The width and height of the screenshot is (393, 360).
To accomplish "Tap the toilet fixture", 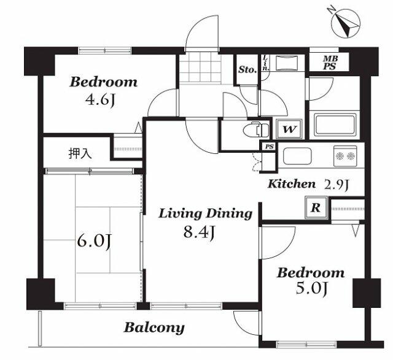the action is click(255, 129).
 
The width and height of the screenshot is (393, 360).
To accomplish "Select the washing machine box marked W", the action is click(289, 129).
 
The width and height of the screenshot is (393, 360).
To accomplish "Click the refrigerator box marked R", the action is click(316, 207).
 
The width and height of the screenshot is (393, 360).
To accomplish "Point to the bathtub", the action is click(335, 124).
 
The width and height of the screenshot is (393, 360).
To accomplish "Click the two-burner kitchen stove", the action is click(345, 156).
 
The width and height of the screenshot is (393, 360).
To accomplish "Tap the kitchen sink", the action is click(297, 156).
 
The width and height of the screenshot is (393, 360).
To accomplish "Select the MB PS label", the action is click(330, 63).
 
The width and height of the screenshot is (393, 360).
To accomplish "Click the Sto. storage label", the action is click(247, 69).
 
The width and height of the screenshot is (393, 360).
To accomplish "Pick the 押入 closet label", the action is click(80, 153).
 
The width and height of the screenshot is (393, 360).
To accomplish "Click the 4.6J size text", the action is click(100, 100).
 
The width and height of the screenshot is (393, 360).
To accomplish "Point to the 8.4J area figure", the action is click(199, 232).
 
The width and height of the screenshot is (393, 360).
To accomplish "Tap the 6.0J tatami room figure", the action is click(94, 242).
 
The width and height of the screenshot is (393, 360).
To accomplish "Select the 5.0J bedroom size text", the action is click(311, 289).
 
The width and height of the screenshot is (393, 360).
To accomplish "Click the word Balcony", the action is click(154, 328).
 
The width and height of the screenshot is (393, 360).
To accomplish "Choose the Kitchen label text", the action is click(292, 184).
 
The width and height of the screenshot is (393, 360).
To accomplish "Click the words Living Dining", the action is click(205, 214).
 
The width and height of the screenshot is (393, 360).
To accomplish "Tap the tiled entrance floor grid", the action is click(200, 67).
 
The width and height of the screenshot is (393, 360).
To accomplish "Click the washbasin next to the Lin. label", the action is click(287, 63).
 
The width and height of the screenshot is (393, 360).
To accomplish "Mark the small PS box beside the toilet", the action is click(269, 147).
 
